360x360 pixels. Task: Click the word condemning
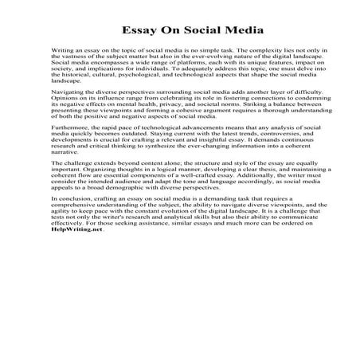pyautogui.click(x=288, y=101)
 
